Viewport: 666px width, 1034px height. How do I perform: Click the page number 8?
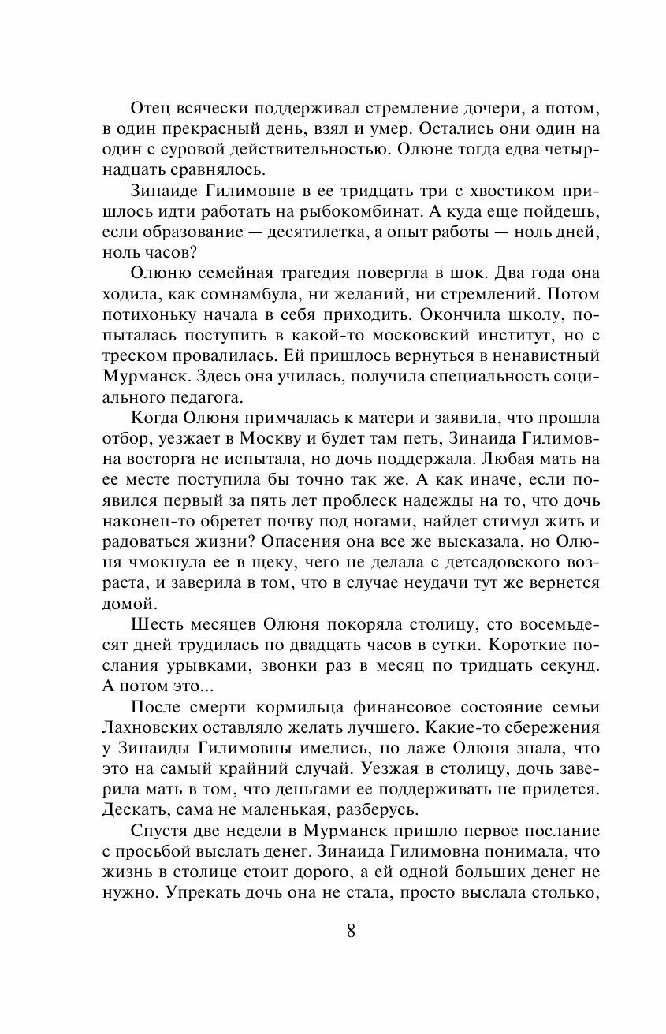click(351, 931)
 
